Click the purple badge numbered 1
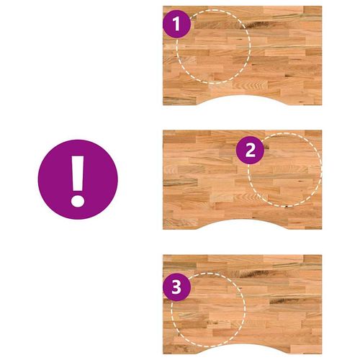pyautogui.click(x=177, y=24)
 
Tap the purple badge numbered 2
pyautogui.click(x=250, y=150)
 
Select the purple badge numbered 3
pyautogui.click(x=177, y=287)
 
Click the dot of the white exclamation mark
pyautogui.click(x=78, y=199)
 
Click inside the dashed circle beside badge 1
pyautogui.click(x=213, y=46)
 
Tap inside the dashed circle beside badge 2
pyautogui.click(x=284, y=170)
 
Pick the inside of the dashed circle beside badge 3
pyautogui.click(x=208, y=310)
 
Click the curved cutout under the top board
pyautogui.click(x=243, y=100)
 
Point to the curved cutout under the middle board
pyautogui.click(x=243, y=225)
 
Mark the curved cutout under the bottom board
pyautogui.click(x=243, y=349)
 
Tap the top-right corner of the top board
pyautogui.click(x=322, y=6)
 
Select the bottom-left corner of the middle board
pyautogui.click(x=163, y=229)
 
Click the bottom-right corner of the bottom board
pyautogui.click(x=322, y=354)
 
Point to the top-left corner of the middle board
pyautogui.click(x=163, y=130)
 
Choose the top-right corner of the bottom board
pyautogui.click(x=322, y=255)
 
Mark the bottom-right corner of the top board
pyautogui.click(x=322, y=105)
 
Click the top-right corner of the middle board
pyautogui.click(x=322, y=130)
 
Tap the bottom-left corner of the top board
pyautogui.click(x=163, y=105)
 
